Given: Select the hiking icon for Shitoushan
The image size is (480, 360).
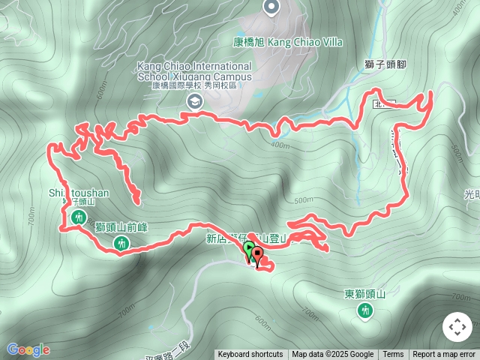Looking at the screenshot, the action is click(x=79, y=217).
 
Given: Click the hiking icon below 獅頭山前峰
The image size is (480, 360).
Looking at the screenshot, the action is click(x=122, y=242).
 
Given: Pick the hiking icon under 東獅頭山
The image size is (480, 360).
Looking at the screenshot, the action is click(x=365, y=310).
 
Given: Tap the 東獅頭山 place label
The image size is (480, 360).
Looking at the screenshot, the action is click(x=364, y=294).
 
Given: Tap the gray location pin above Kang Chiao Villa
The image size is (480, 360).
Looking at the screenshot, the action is click(x=271, y=7).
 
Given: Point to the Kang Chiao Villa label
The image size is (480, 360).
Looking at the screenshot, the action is click(x=287, y=42).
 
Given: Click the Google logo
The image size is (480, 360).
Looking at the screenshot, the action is click(x=28, y=349).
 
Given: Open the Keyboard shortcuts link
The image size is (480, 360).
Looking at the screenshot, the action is click(x=250, y=355).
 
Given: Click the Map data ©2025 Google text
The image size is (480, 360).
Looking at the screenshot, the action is click(x=332, y=355).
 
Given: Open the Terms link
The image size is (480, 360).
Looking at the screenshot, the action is click(x=393, y=355).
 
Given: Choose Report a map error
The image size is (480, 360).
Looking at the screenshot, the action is click(x=444, y=355).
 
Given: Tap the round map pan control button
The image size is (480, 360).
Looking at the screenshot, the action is click(x=457, y=327).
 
